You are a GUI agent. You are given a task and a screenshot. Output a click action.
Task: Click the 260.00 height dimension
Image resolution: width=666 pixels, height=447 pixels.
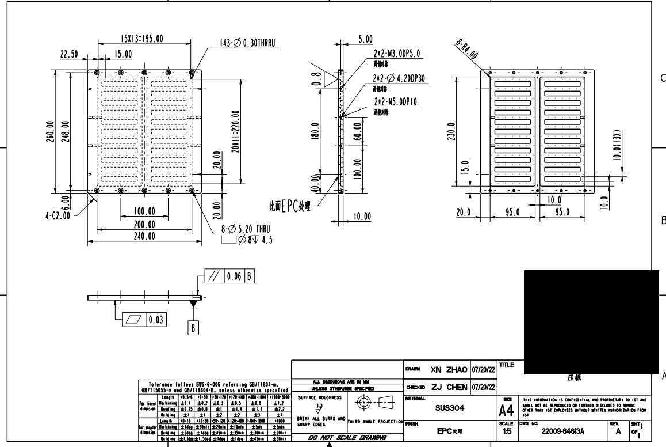(x=51, y=132)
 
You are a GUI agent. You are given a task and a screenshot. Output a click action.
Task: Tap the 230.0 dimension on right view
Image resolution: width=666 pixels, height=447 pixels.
(x=453, y=131)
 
